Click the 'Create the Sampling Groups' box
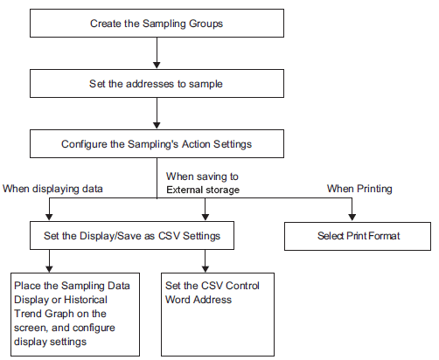(157, 23)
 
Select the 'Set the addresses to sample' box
(157, 83)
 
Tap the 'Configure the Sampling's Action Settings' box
(157, 144)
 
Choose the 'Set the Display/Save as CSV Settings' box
(132, 235)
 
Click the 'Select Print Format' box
(358, 236)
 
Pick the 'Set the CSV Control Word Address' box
(218, 315)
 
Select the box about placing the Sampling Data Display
(75, 315)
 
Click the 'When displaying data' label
(52, 189)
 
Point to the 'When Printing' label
(359, 189)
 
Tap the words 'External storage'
(203, 190)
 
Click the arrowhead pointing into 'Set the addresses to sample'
(157, 66)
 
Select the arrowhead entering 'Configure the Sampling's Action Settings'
(157, 126)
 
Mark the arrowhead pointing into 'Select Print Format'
(352, 217)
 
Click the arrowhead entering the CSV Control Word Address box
(206, 269)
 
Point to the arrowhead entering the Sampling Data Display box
(49, 269)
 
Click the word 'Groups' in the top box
(206, 24)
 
